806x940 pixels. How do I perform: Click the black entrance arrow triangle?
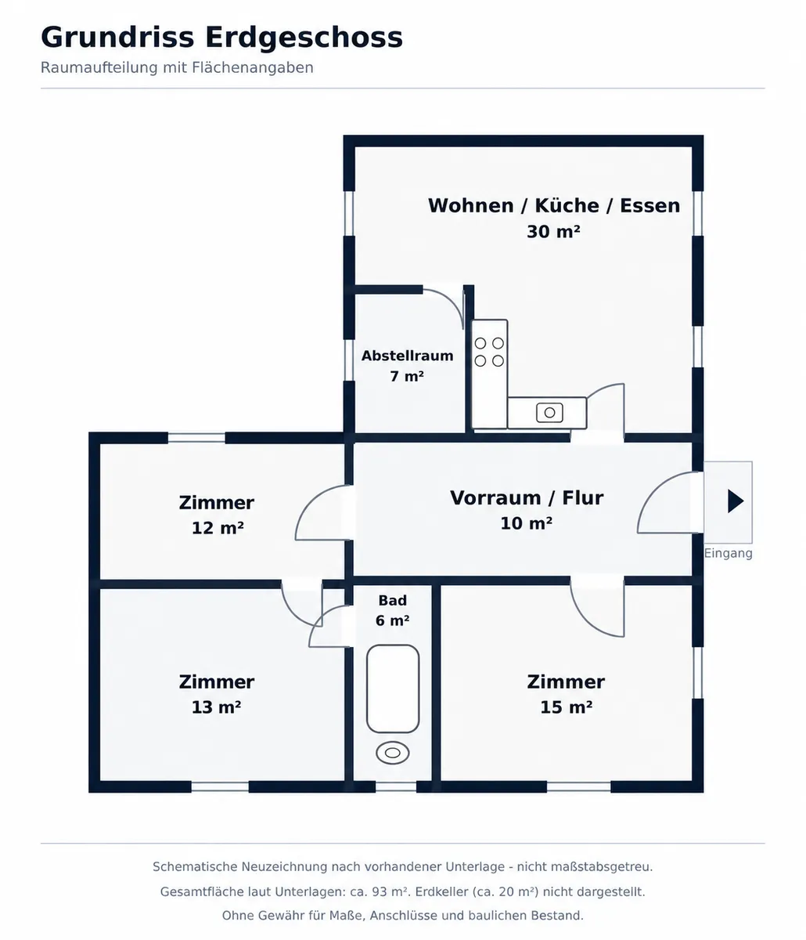coord(735,501)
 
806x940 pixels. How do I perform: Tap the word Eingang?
coord(728,554)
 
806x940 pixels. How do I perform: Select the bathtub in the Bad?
coord(393,689)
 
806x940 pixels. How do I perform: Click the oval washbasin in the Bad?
coord(393,753)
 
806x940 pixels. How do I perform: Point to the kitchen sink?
coord(550,413)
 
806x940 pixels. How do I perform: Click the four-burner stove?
coord(489,352)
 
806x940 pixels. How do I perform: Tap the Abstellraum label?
coord(407,356)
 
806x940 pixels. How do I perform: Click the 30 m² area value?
coord(553,232)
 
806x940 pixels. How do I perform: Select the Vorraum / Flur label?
coord(527,498)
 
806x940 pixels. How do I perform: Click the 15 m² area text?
coord(566,707)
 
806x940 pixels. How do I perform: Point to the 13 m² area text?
coord(216,707)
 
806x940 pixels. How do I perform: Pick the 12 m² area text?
coord(218,528)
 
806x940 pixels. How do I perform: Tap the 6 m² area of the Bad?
coord(393,620)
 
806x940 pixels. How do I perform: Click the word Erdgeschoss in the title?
coord(304,38)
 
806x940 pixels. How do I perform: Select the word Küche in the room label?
coord(567,205)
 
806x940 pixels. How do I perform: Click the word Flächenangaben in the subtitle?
coord(253,68)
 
